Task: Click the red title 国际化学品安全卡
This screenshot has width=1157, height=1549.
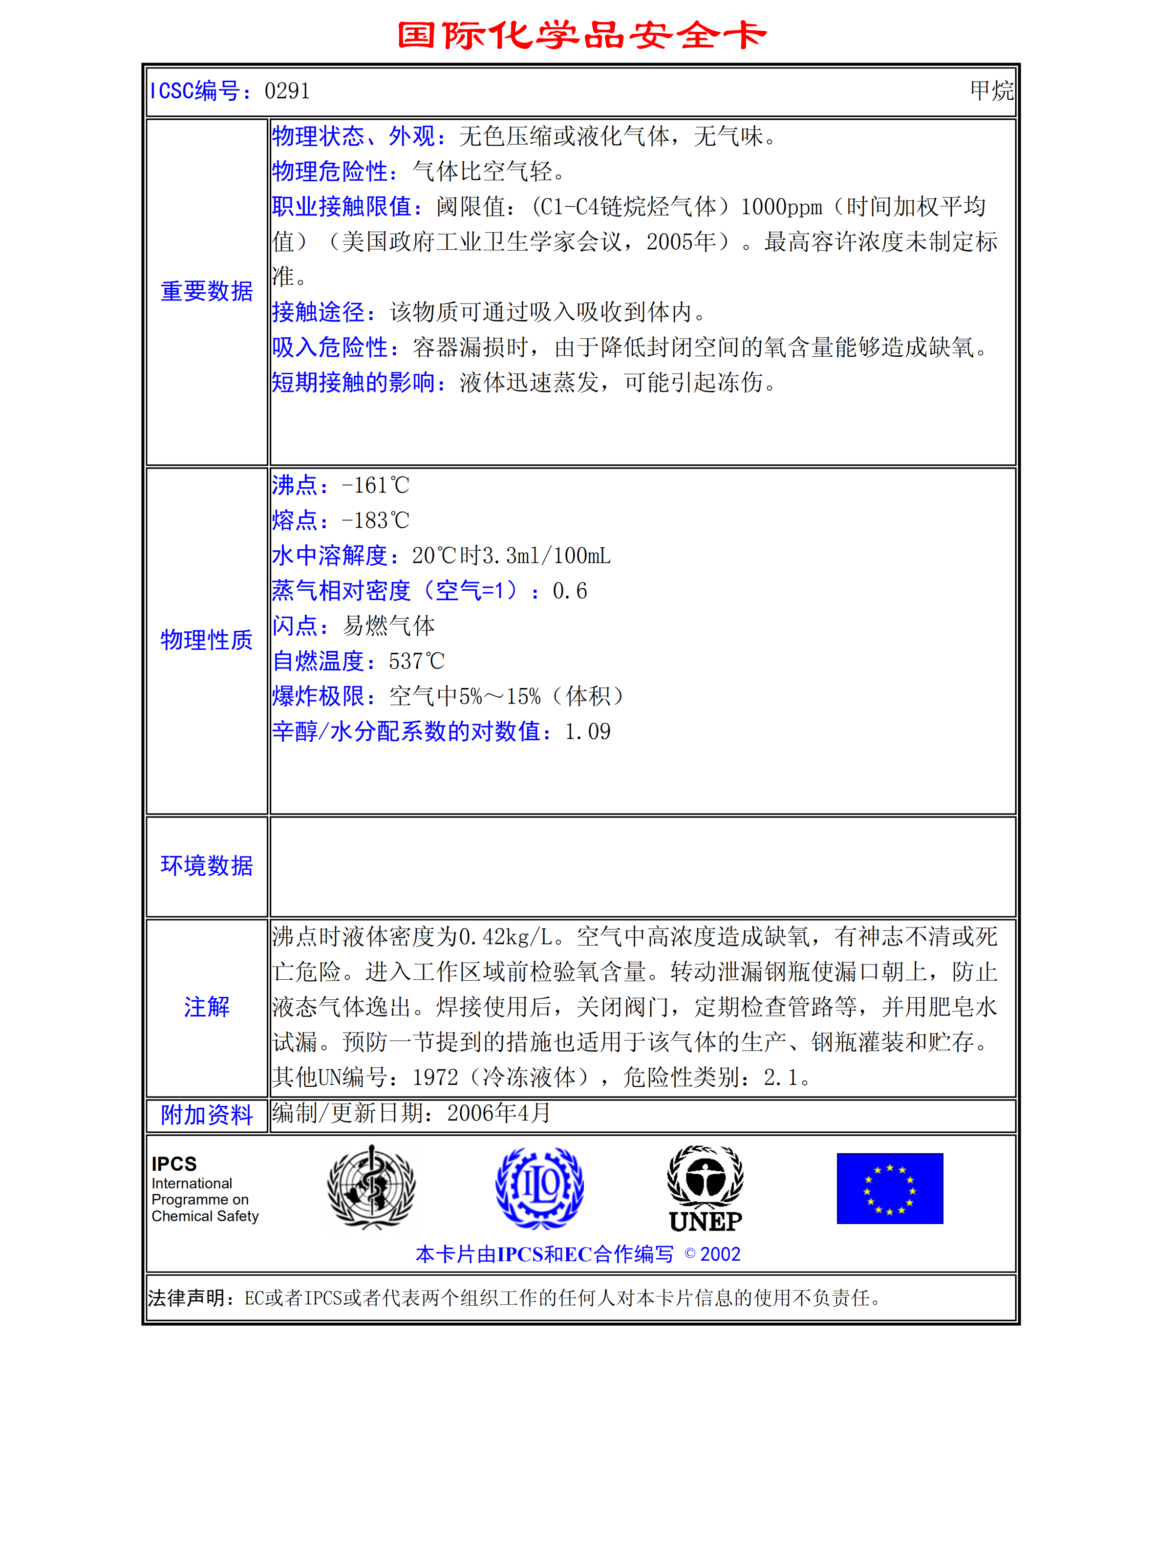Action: (581, 35)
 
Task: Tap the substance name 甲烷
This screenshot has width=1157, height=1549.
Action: (991, 90)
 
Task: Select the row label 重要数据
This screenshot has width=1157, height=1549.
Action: (207, 291)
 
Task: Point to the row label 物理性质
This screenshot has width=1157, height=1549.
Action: (207, 640)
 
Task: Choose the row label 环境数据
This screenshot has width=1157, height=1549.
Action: (207, 866)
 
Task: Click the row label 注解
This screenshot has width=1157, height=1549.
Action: (207, 1007)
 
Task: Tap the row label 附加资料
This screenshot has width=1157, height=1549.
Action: (207, 1115)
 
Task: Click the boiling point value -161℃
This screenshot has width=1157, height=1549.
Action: (375, 485)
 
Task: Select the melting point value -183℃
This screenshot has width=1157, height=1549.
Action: (375, 520)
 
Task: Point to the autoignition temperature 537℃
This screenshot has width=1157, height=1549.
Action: (416, 661)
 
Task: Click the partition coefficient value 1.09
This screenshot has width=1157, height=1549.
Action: (588, 732)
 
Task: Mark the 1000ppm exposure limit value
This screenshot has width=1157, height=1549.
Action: (781, 207)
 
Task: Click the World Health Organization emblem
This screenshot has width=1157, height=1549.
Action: (371, 1188)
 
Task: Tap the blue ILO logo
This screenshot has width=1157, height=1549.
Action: (539, 1188)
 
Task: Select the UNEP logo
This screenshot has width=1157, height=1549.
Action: (705, 1189)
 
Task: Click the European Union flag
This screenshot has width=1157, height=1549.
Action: (889, 1188)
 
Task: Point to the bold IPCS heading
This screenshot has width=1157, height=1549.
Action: (174, 1164)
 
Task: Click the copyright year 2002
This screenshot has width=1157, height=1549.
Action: (720, 1254)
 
